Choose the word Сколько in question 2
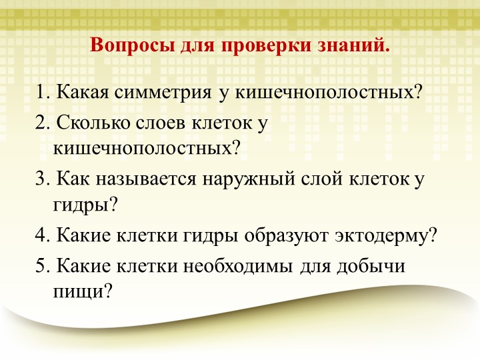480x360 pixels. (87, 123)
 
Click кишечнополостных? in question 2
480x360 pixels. (146, 147)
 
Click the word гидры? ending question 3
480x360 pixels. (84, 203)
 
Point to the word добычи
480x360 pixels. (373, 266)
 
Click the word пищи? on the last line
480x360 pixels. (80, 291)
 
